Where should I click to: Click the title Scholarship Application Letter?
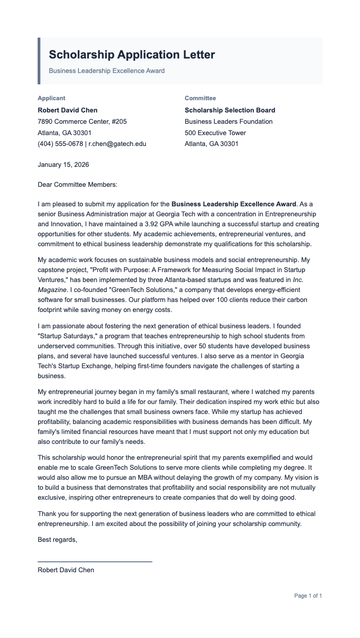point(131,55)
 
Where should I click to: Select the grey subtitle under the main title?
point(107,71)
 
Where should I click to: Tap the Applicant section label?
point(51,98)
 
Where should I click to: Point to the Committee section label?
point(200,98)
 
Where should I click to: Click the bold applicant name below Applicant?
point(68,110)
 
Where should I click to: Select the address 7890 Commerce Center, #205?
point(82,122)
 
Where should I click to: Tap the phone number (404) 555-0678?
point(60,144)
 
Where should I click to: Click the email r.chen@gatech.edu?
point(117,144)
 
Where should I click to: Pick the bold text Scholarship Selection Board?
point(230,110)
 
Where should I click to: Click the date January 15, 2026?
point(63,165)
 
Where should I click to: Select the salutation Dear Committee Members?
point(78,185)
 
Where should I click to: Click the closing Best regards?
point(57,540)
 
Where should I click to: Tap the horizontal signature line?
point(95,562)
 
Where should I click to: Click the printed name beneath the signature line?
point(66,570)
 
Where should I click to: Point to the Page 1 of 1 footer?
point(308,596)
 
